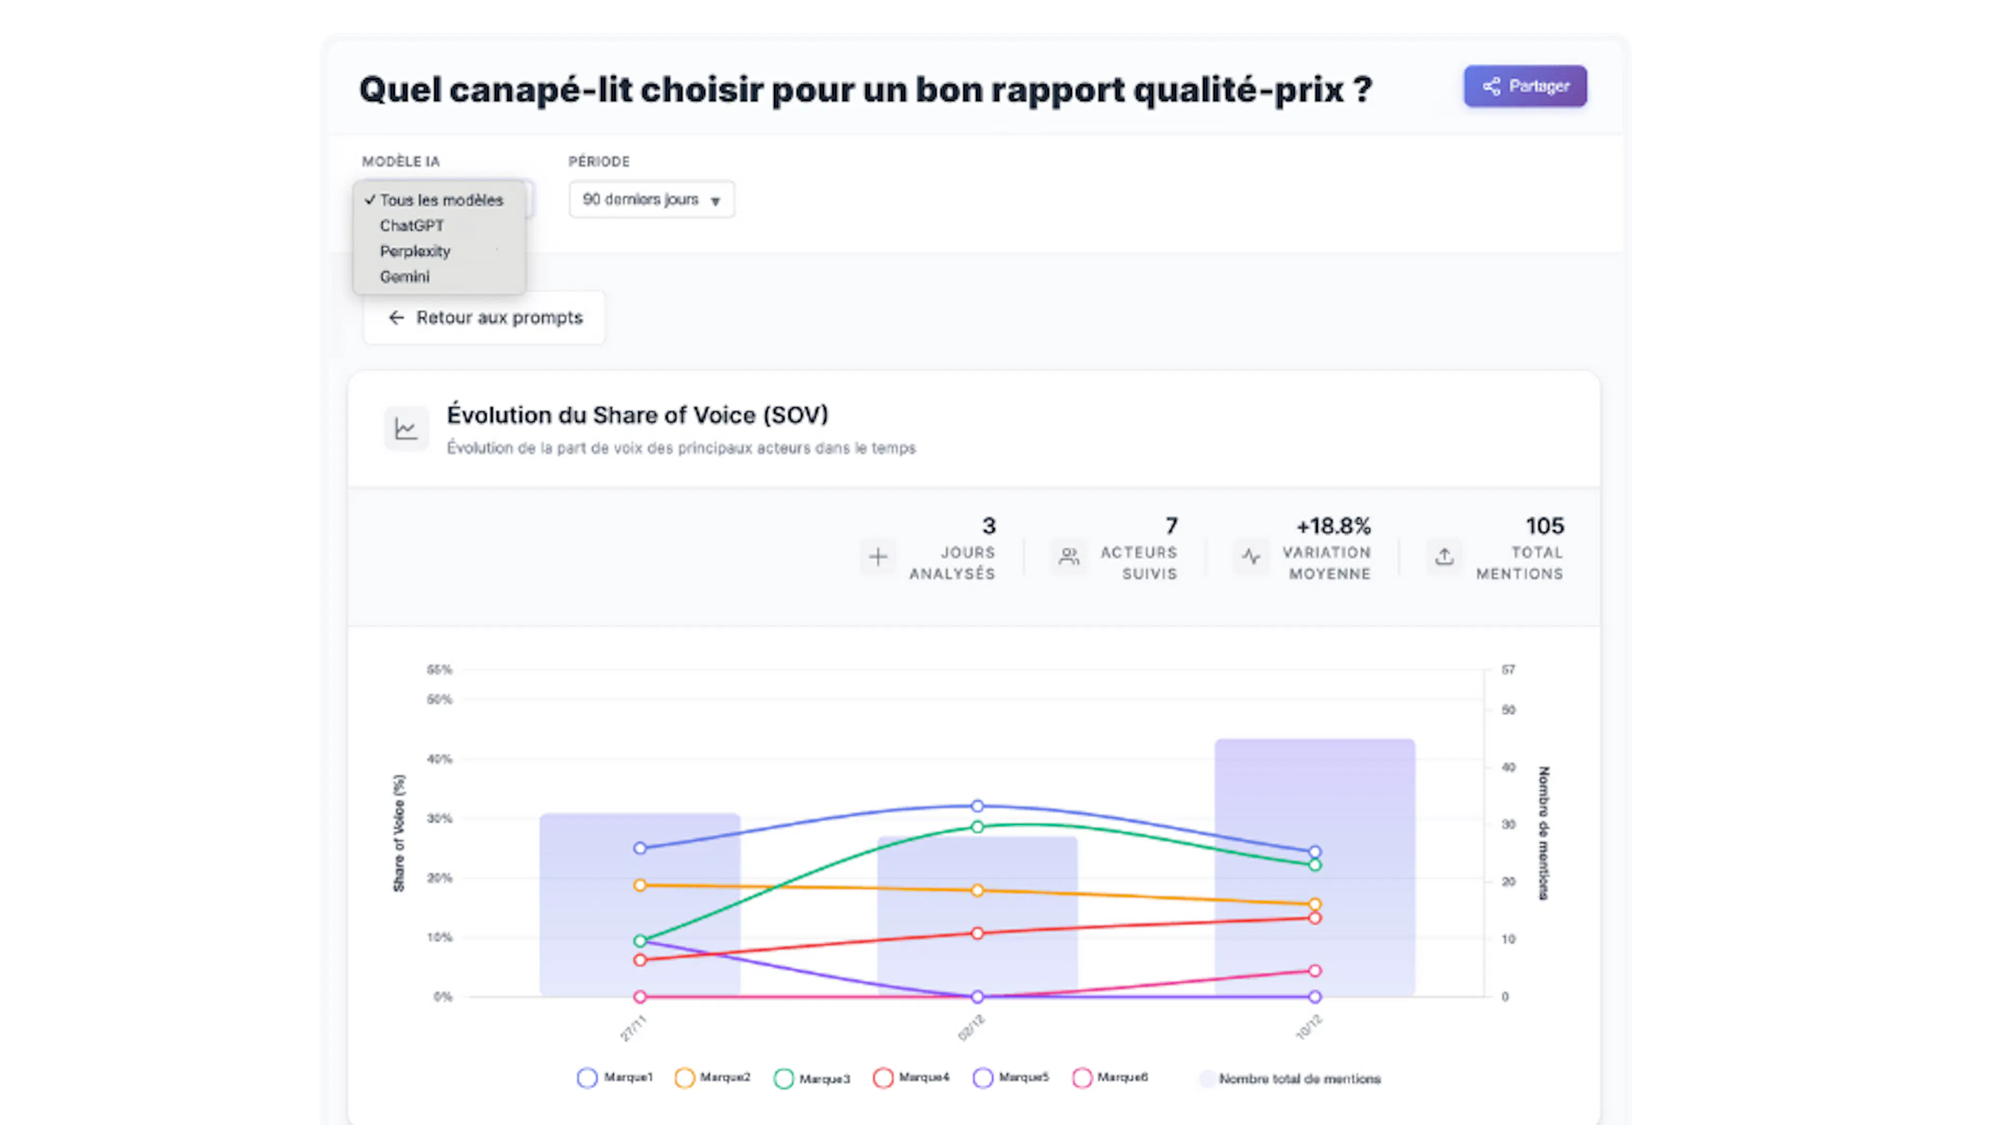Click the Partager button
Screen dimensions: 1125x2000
point(1525,86)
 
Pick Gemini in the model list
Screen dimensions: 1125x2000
point(405,277)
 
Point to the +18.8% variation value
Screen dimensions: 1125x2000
point(1333,527)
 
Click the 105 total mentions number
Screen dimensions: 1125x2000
point(1544,527)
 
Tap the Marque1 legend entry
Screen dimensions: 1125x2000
point(616,1078)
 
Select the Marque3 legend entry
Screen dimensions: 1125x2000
point(812,1079)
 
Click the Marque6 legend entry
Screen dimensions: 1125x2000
point(1110,1078)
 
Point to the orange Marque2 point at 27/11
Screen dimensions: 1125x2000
point(640,885)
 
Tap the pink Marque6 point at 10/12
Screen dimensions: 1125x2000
point(1315,970)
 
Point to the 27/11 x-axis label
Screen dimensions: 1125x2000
point(633,1027)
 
